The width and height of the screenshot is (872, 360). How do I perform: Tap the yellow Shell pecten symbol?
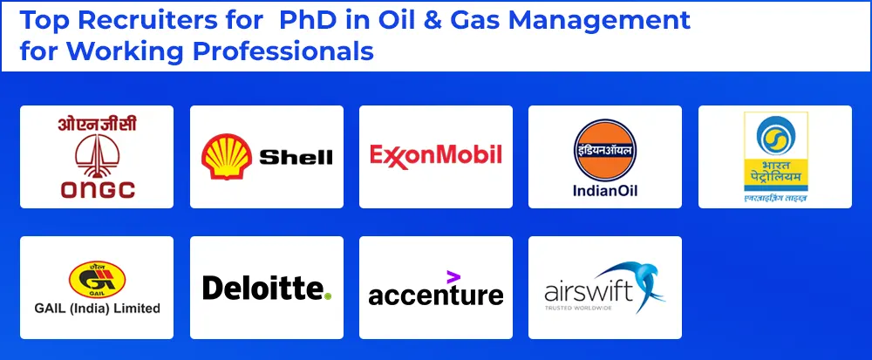226,157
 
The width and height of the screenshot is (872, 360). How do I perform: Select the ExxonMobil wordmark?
435,155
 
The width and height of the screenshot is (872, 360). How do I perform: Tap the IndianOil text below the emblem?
604,191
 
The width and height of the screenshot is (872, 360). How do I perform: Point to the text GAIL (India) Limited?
96,308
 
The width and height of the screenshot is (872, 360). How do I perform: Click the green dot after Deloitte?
328,296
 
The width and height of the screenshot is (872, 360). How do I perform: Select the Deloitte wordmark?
263,288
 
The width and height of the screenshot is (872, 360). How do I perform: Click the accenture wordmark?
435,295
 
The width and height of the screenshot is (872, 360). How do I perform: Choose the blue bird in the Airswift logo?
638,281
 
